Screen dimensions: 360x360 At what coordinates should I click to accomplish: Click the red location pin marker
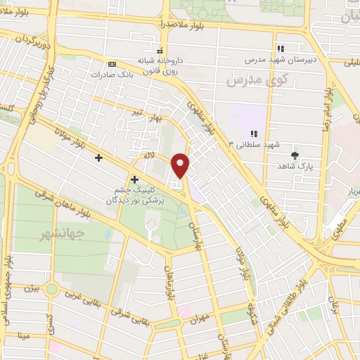tap(181, 165)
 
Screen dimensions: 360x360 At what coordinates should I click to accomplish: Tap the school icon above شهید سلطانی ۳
tap(254, 133)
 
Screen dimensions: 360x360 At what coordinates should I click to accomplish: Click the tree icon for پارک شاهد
tap(294, 155)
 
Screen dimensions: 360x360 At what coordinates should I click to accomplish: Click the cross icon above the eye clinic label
tap(134, 179)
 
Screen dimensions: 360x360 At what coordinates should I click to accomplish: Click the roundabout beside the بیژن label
tap(52, 289)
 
